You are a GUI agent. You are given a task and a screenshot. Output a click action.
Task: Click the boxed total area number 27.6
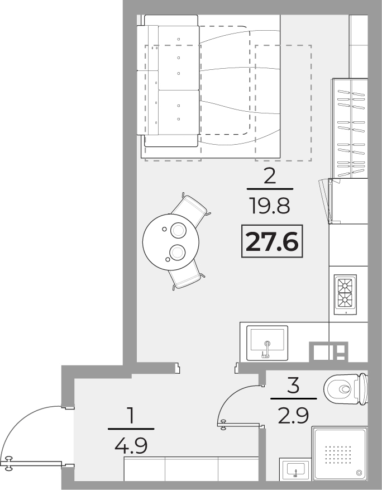point(272,241)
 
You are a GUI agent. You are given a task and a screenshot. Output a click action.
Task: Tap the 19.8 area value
point(270,206)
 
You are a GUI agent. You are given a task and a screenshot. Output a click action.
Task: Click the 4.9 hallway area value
point(131,446)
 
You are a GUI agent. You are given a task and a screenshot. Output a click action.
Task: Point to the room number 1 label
point(131,416)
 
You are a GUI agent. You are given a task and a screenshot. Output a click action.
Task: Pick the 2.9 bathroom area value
point(294,416)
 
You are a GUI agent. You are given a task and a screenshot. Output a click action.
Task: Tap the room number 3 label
point(293,386)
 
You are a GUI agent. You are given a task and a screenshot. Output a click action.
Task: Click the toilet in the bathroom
point(346,389)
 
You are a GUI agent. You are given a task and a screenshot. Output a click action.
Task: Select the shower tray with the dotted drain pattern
point(340,454)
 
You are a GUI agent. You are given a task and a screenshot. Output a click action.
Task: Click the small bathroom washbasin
point(295,469)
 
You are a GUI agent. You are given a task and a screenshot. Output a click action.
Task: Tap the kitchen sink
point(267,343)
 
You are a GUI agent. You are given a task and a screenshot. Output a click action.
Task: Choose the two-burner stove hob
point(345,294)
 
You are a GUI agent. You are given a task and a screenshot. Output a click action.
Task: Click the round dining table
point(171,242)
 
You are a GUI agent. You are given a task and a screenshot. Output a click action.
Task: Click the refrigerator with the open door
point(347,201)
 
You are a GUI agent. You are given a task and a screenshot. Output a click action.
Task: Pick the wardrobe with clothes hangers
point(350,128)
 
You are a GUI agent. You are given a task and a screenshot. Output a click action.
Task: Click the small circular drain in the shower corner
point(359,473)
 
